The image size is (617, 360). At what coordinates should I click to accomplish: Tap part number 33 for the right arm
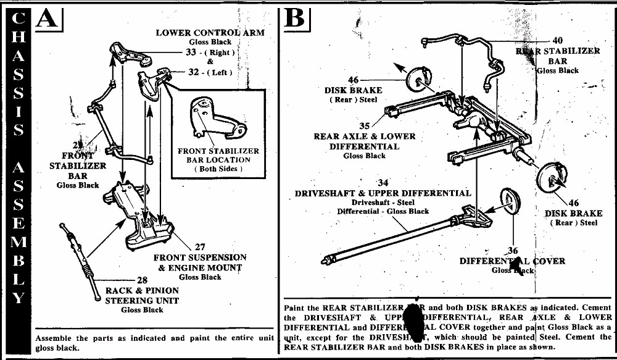tap(191, 52)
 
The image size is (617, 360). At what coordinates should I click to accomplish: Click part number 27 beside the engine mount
tap(199, 247)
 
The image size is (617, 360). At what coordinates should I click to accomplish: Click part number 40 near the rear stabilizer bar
tap(557, 41)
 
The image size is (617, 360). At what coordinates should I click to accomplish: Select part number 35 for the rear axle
tap(365, 126)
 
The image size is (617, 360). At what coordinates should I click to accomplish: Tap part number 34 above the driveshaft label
tap(383, 183)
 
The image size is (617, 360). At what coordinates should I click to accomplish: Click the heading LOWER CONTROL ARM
tap(210, 32)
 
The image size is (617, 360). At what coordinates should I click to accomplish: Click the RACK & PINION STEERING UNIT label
tap(142, 295)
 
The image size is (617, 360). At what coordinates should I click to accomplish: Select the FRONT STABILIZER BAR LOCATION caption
tap(218, 159)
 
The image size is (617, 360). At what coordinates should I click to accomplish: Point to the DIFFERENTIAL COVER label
tap(512, 261)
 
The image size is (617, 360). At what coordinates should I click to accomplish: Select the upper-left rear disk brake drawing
tap(418, 80)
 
